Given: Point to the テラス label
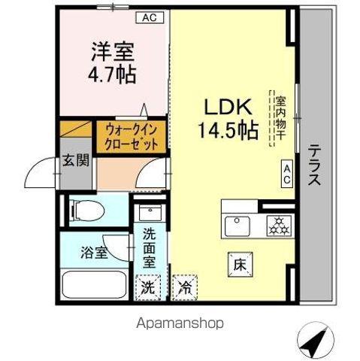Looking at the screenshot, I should coord(314,165).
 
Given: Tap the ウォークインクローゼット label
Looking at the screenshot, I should coord(127,136).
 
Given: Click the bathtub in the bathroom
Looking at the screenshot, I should coord(95,286).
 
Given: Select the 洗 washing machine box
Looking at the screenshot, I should coord(148,287).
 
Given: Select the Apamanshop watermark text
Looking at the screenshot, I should coord(180,323).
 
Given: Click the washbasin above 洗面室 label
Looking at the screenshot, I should coord(147,210).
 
